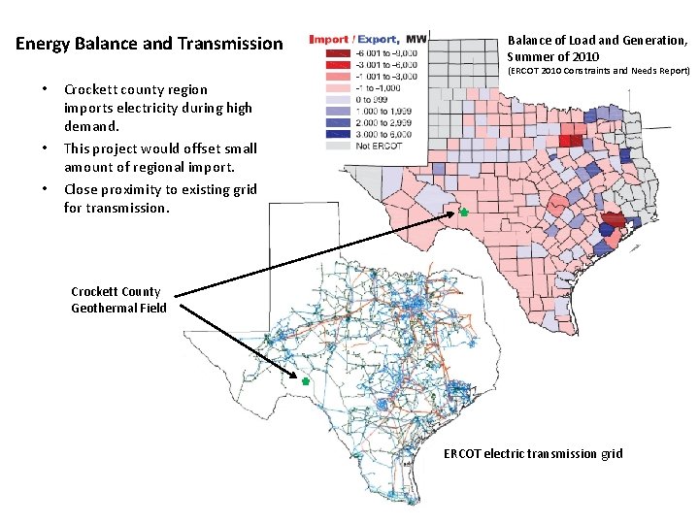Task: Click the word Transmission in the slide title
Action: pos(237,44)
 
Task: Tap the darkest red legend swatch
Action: pos(338,52)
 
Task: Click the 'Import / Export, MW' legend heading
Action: pos(367,40)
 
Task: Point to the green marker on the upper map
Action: pos(463,212)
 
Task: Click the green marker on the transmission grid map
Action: pos(305,382)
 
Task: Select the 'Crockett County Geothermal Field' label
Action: pos(117,300)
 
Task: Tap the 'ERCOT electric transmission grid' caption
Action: pos(533,454)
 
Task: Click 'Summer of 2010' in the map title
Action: pos(552,56)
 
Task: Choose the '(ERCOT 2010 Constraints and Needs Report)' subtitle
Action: pos(598,71)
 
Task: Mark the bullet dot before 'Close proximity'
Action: pos(46,189)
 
